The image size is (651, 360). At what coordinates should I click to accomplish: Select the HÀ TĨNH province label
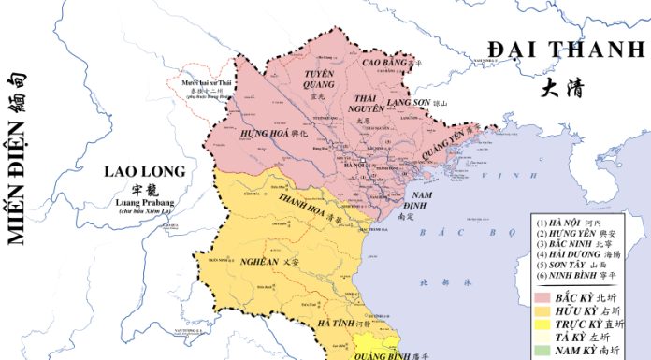[334, 323]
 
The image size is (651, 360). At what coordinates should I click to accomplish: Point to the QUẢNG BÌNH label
[372, 355]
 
